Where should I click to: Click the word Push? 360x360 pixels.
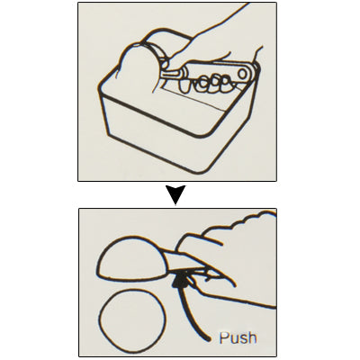coord(238,337)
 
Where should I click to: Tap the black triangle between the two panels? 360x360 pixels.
coord(175,194)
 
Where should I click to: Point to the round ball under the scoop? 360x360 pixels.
coord(132,321)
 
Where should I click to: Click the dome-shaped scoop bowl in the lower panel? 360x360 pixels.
coord(131,259)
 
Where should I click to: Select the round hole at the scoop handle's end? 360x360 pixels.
coord(243,73)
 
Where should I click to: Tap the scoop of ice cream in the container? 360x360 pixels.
coord(138,68)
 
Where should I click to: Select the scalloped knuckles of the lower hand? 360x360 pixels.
coord(240,221)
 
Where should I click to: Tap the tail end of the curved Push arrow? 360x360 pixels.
coord(208,339)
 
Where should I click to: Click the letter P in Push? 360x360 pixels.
coord(223,337)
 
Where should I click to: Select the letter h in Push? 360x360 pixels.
coord(253,337)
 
